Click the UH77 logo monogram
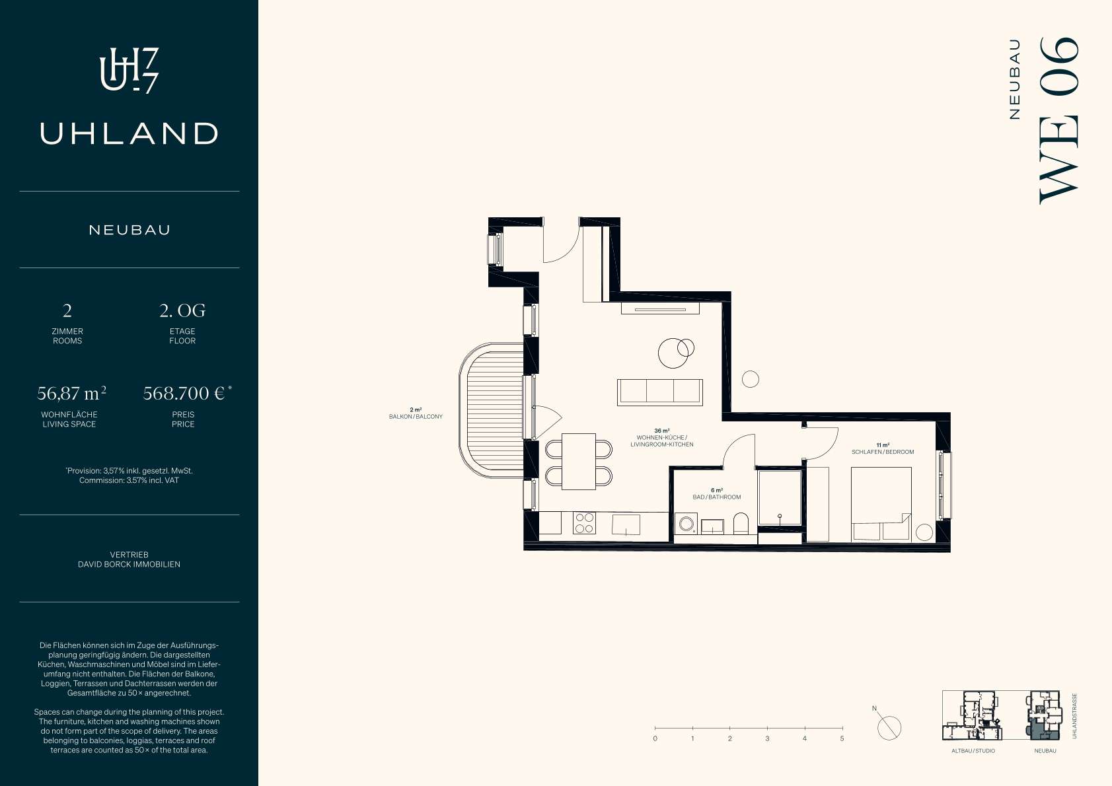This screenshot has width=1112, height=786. point(129,71)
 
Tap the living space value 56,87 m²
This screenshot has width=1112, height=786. point(71,393)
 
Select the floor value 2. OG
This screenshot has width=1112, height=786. point(182,310)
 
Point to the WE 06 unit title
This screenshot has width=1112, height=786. point(1059,121)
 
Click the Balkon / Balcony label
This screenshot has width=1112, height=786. point(416,416)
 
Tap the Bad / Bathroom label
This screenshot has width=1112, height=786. point(717,497)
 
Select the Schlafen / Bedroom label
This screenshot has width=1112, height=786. point(883,452)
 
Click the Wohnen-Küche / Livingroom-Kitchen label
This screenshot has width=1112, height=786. point(662,441)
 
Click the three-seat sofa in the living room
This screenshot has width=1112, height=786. point(660,392)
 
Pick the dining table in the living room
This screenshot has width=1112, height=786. point(578,462)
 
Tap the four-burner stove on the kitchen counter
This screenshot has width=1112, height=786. point(584,523)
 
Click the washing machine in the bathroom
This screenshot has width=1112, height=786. point(686,524)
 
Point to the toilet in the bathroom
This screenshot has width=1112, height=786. point(741,523)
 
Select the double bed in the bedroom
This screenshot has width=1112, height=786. point(881,504)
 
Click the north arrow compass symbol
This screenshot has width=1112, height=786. point(889,727)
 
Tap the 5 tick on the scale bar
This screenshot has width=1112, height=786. point(842,729)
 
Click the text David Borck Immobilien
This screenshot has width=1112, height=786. point(129,564)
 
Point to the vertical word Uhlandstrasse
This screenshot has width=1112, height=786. point(1075,715)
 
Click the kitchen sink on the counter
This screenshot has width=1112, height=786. point(626,524)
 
